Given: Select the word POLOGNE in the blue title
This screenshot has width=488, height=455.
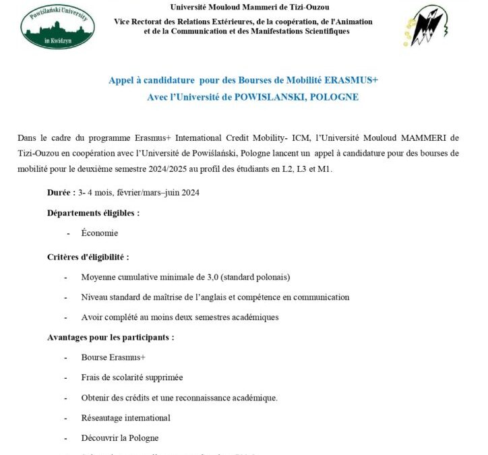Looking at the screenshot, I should click(x=334, y=97).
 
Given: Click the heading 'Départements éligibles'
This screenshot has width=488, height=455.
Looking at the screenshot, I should click(x=93, y=213).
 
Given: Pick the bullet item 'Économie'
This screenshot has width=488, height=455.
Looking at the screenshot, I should click(x=99, y=233).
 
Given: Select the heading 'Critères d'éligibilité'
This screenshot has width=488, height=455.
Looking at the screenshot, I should click(x=88, y=257).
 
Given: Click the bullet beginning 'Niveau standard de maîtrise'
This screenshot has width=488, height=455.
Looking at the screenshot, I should click(x=214, y=297).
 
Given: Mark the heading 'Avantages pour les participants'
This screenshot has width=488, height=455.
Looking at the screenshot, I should click(x=110, y=337).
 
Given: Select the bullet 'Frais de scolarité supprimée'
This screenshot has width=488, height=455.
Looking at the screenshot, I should click(x=131, y=377).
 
